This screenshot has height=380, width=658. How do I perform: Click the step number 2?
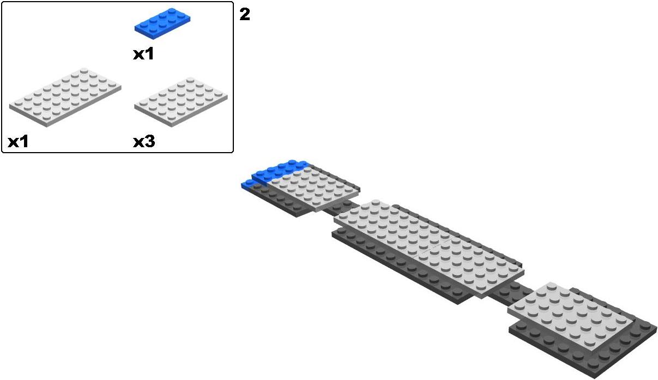[x=245, y=14]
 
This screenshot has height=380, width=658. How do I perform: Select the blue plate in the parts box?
[x=162, y=23]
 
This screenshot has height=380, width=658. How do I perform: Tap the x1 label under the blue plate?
[x=143, y=54]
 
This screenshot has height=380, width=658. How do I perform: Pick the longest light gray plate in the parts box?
[x=65, y=97]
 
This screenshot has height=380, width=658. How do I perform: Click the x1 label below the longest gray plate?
[x=18, y=142]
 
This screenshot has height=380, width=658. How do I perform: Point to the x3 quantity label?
[x=144, y=142]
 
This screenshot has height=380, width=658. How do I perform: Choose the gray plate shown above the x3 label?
[x=181, y=101]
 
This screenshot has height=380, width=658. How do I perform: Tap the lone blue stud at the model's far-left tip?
[x=246, y=184]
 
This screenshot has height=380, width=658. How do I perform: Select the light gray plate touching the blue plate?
[x=313, y=188]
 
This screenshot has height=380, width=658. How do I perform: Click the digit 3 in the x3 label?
[x=150, y=142]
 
